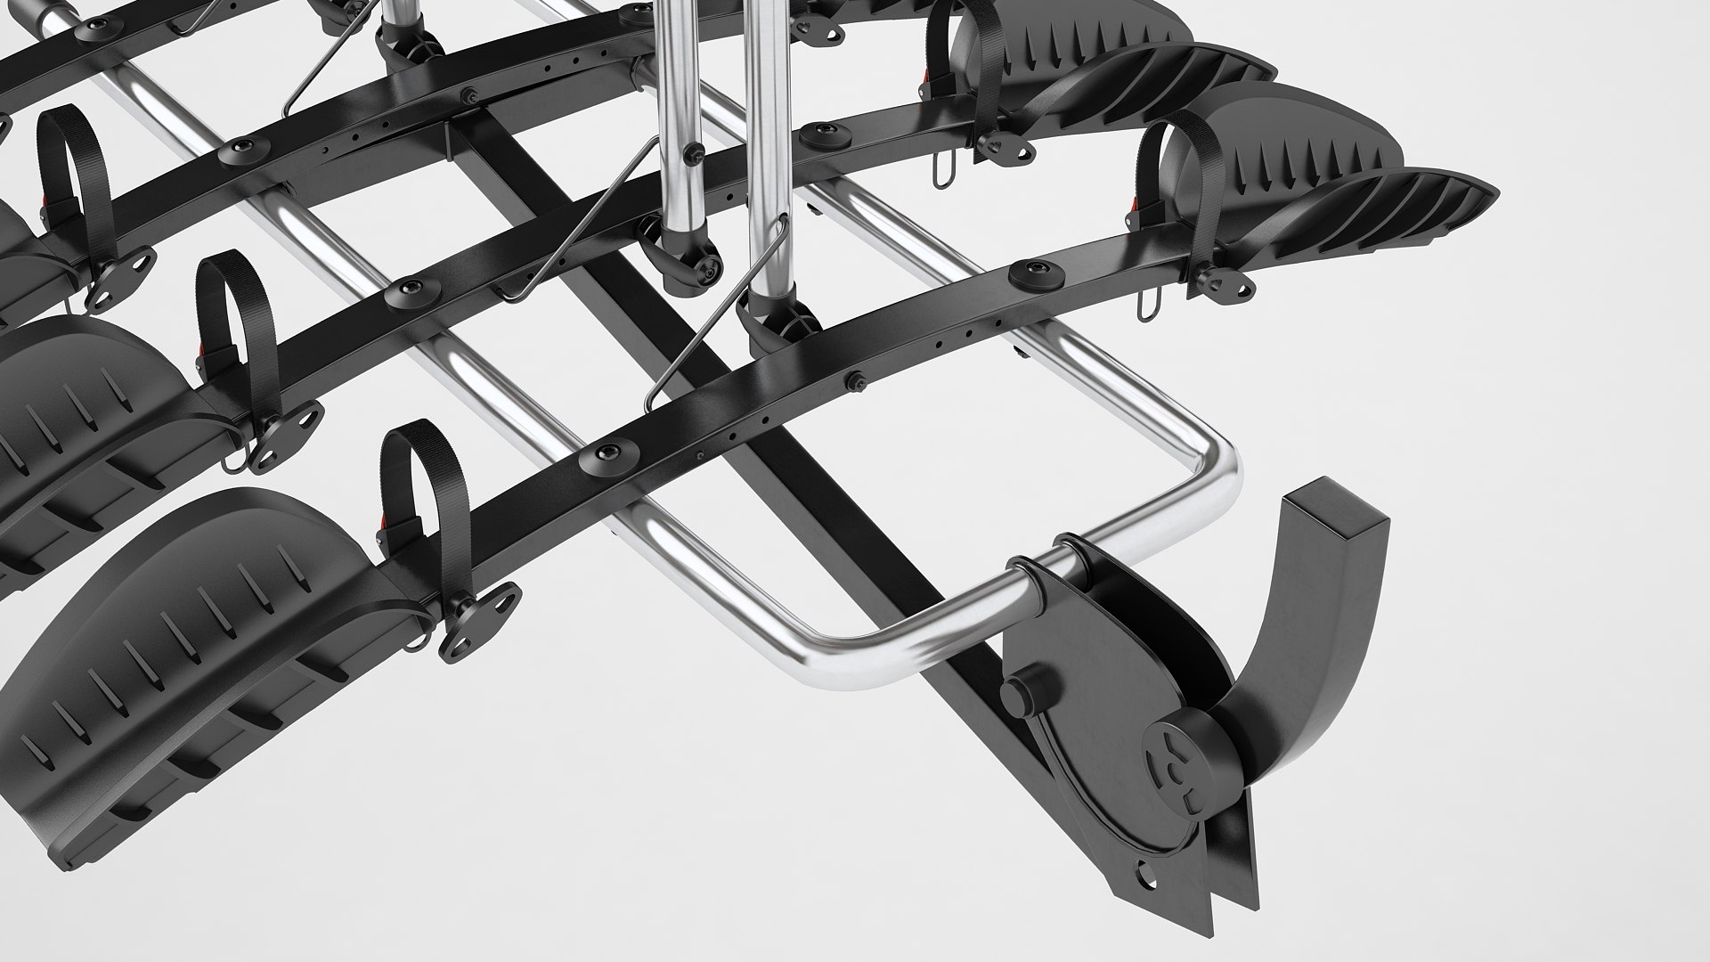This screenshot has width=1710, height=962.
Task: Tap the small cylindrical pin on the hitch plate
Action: tap(1018, 691)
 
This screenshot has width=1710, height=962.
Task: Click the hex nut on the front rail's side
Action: tap(858, 380)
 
